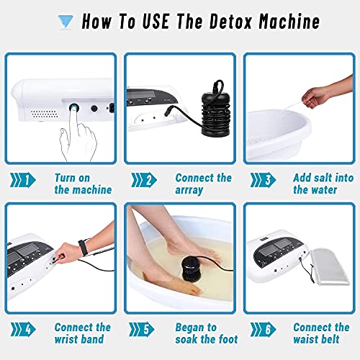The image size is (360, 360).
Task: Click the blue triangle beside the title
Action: pyautogui.click(x=66, y=22)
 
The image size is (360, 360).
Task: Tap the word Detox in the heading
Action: pyautogui.click(x=230, y=21)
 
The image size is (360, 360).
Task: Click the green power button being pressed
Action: pyautogui.click(x=74, y=108)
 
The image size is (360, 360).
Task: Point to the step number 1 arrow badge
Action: pyautogui.click(x=23, y=180)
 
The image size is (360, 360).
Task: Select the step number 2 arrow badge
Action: pyautogui.click(x=144, y=180)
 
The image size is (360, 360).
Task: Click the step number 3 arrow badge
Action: pyautogui.click(x=263, y=180)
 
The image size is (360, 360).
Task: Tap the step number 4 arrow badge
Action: pyautogui.click(x=23, y=330)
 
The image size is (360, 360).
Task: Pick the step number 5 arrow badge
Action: pyautogui.click(x=142, y=330)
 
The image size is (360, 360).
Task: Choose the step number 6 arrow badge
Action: pyautogui.click(x=263, y=330)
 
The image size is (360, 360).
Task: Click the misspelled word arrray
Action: pyautogui.click(x=189, y=190)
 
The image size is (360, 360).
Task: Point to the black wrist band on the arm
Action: pyautogui.click(x=83, y=248)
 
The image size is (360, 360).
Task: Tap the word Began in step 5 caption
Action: pyautogui.click(x=189, y=328)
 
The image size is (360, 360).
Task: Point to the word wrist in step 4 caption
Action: pyautogui.click(x=66, y=339)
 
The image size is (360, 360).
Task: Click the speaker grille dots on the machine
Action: pyautogui.click(x=44, y=114)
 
